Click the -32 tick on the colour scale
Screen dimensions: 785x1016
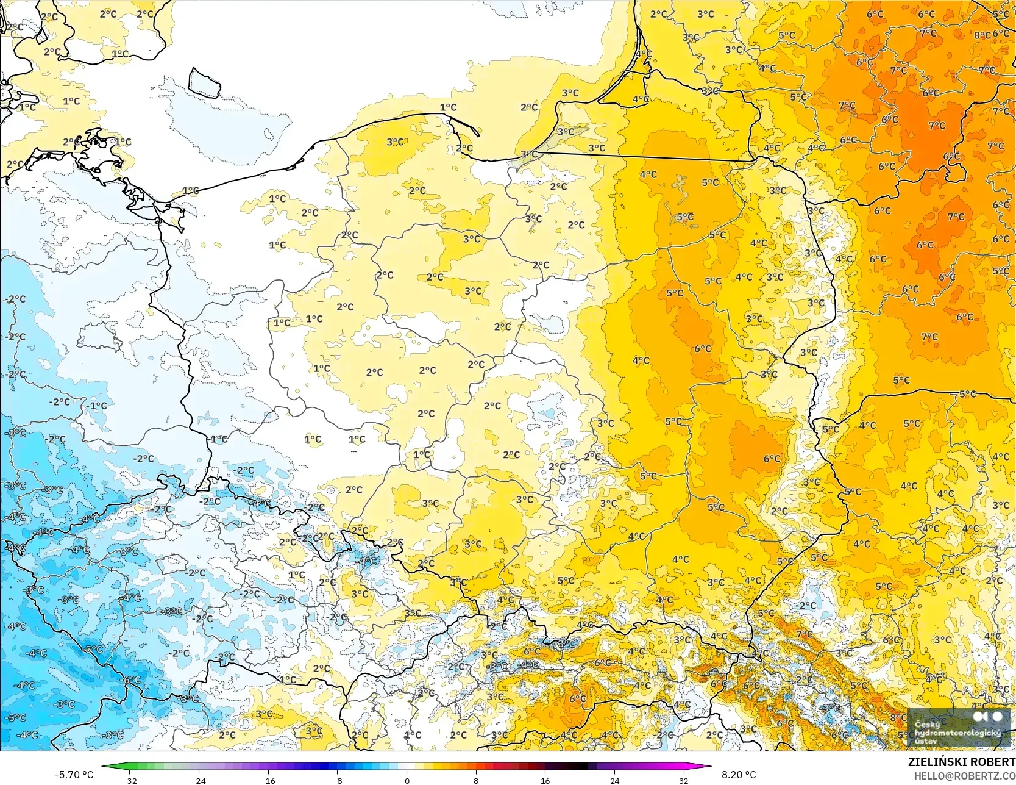coord(129,780)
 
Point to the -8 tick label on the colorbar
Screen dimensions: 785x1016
coord(337,780)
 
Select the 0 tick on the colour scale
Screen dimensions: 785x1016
coord(407,780)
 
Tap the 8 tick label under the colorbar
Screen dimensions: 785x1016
coord(476,780)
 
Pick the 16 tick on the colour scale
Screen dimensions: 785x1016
coord(545,780)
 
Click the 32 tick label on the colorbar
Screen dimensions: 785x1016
coord(684,780)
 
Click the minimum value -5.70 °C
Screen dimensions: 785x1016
coord(74,775)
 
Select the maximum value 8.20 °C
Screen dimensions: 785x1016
coord(739,775)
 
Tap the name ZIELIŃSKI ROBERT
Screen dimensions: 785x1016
coord(961,762)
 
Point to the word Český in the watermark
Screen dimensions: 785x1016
coord(927,725)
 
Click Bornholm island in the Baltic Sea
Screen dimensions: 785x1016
coord(204,82)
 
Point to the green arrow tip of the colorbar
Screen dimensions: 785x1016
coord(104,767)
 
